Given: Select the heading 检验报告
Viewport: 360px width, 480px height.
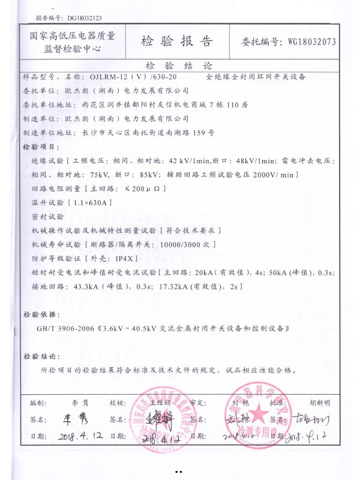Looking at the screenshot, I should click(x=177, y=41).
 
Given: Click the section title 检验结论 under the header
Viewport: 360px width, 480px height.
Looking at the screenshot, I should click(x=179, y=65).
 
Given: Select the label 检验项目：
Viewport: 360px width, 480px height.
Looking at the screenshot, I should click(x=41, y=146).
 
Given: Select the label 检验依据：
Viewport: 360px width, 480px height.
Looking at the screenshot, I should click(x=41, y=314).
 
